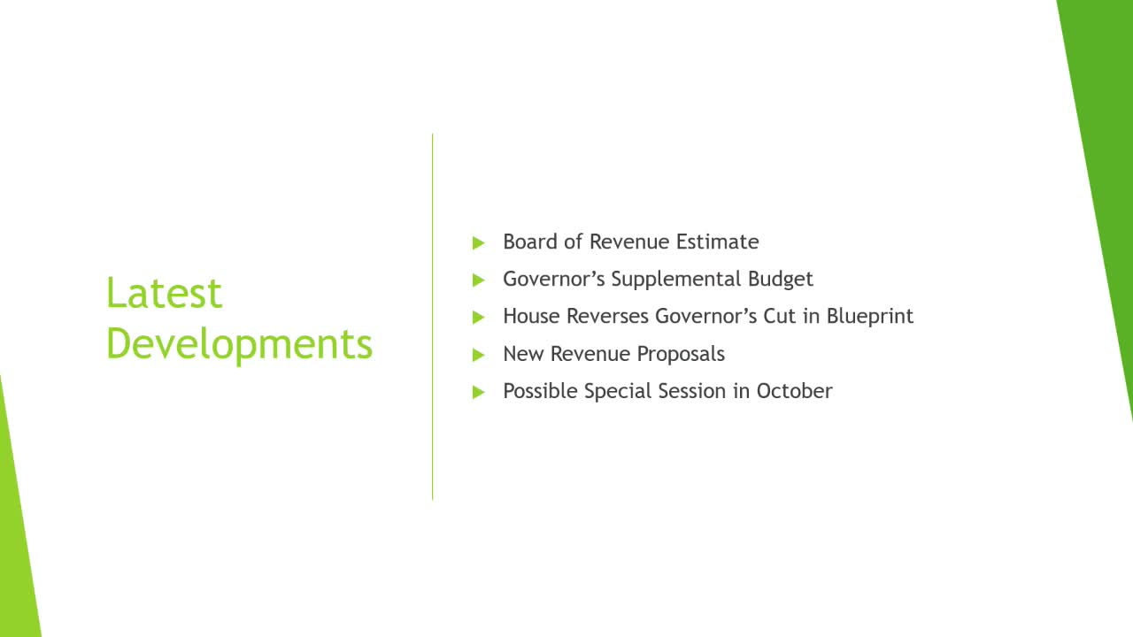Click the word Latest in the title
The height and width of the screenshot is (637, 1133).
pos(164,293)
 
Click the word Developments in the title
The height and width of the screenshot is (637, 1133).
pos(239,345)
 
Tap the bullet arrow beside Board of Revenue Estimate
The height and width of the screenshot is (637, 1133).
pos(479,243)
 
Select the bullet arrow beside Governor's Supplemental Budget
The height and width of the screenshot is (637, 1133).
pos(479,280)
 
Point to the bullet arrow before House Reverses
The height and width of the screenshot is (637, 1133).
pos(479,318)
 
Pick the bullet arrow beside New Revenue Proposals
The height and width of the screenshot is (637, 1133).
pos(479,355)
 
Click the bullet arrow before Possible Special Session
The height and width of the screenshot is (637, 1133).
pos(479,392)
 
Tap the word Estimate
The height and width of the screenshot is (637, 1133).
pos(717,242)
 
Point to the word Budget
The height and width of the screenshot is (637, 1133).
pos(781,280)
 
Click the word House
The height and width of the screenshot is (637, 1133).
pos(532,316)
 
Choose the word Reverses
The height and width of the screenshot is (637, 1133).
pos(607,316)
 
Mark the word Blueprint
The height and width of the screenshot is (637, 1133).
pos(870,317)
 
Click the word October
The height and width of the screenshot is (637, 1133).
pos(794,391)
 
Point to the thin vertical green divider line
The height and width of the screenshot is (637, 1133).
pos(433,317)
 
